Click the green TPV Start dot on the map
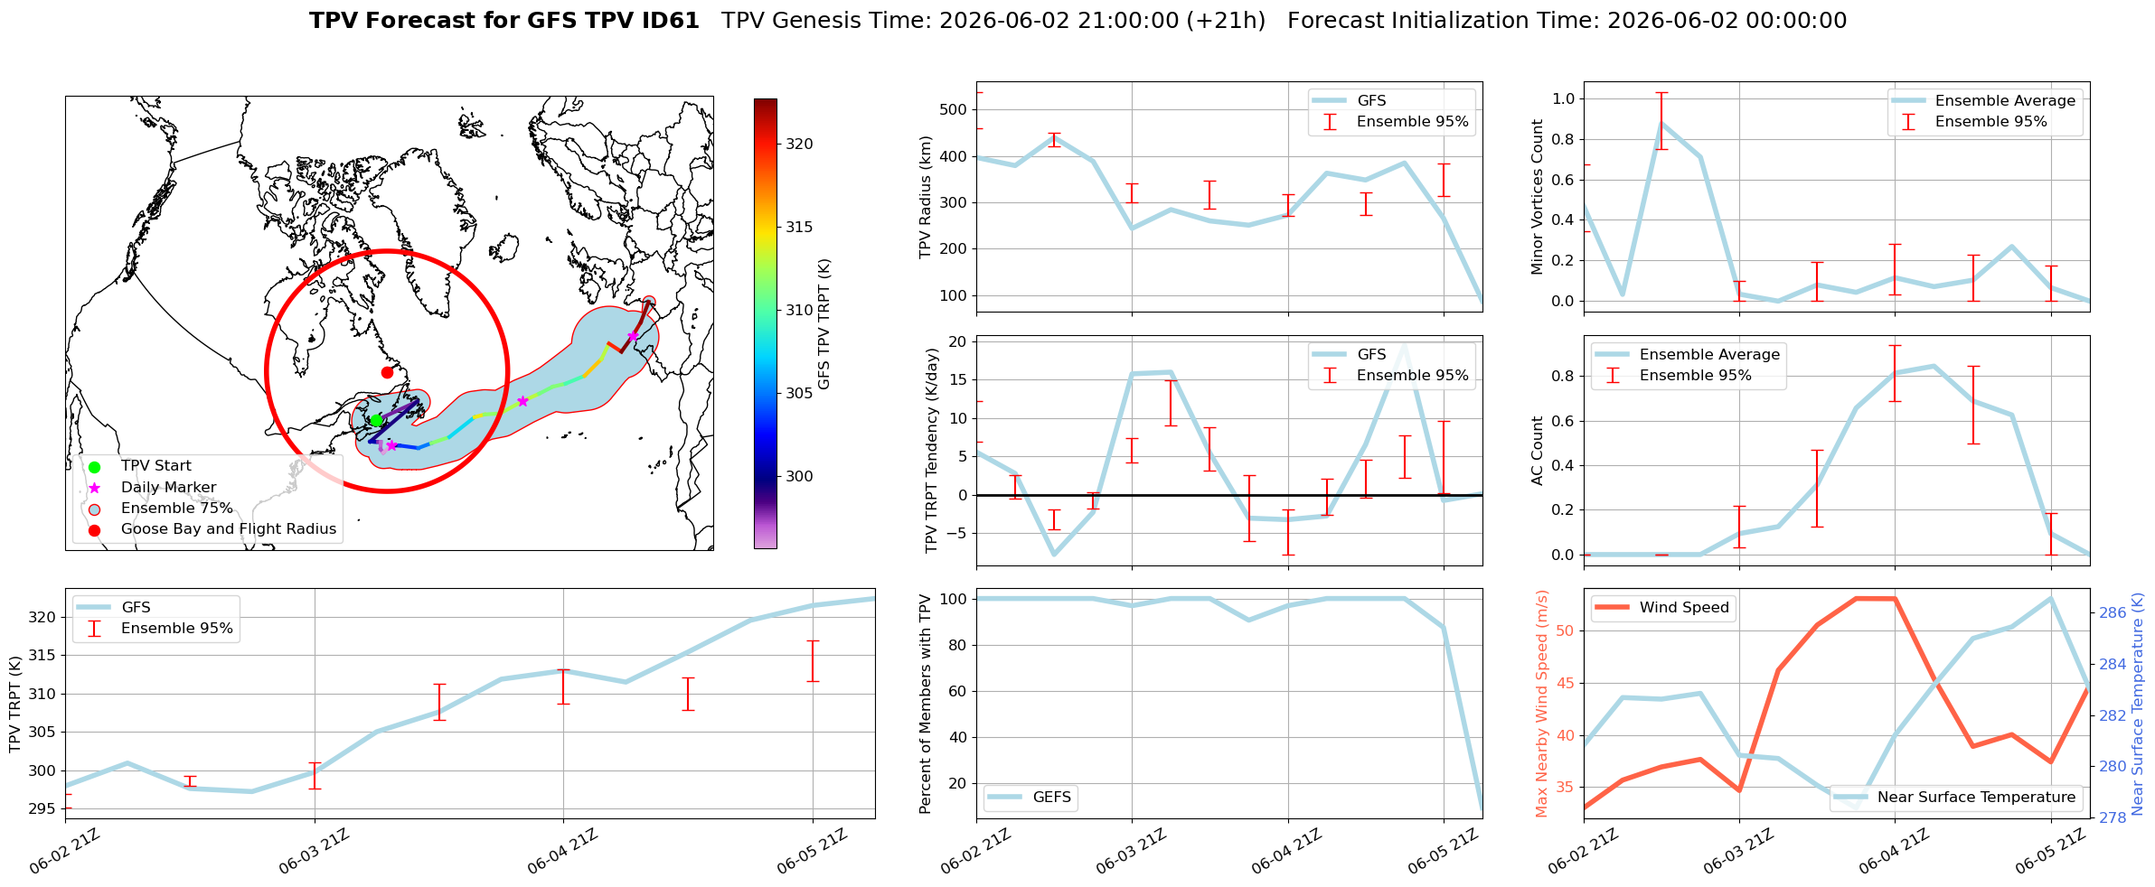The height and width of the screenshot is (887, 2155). pos(376,420)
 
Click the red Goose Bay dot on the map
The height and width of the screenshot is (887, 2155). pos(387,372)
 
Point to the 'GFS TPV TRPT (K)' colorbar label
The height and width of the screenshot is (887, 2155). pos(824,324)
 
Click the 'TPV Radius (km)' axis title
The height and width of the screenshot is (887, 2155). pos(926,197)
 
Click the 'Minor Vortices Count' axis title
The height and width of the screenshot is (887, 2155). pos(1538,197)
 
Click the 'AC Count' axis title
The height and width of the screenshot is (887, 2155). pos(1538,451)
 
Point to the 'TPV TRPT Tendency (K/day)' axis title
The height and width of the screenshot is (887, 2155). pos(932,451)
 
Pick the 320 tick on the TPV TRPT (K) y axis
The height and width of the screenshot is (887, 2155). pos(44,618)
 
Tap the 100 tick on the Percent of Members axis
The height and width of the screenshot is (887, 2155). pos(955,599)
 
